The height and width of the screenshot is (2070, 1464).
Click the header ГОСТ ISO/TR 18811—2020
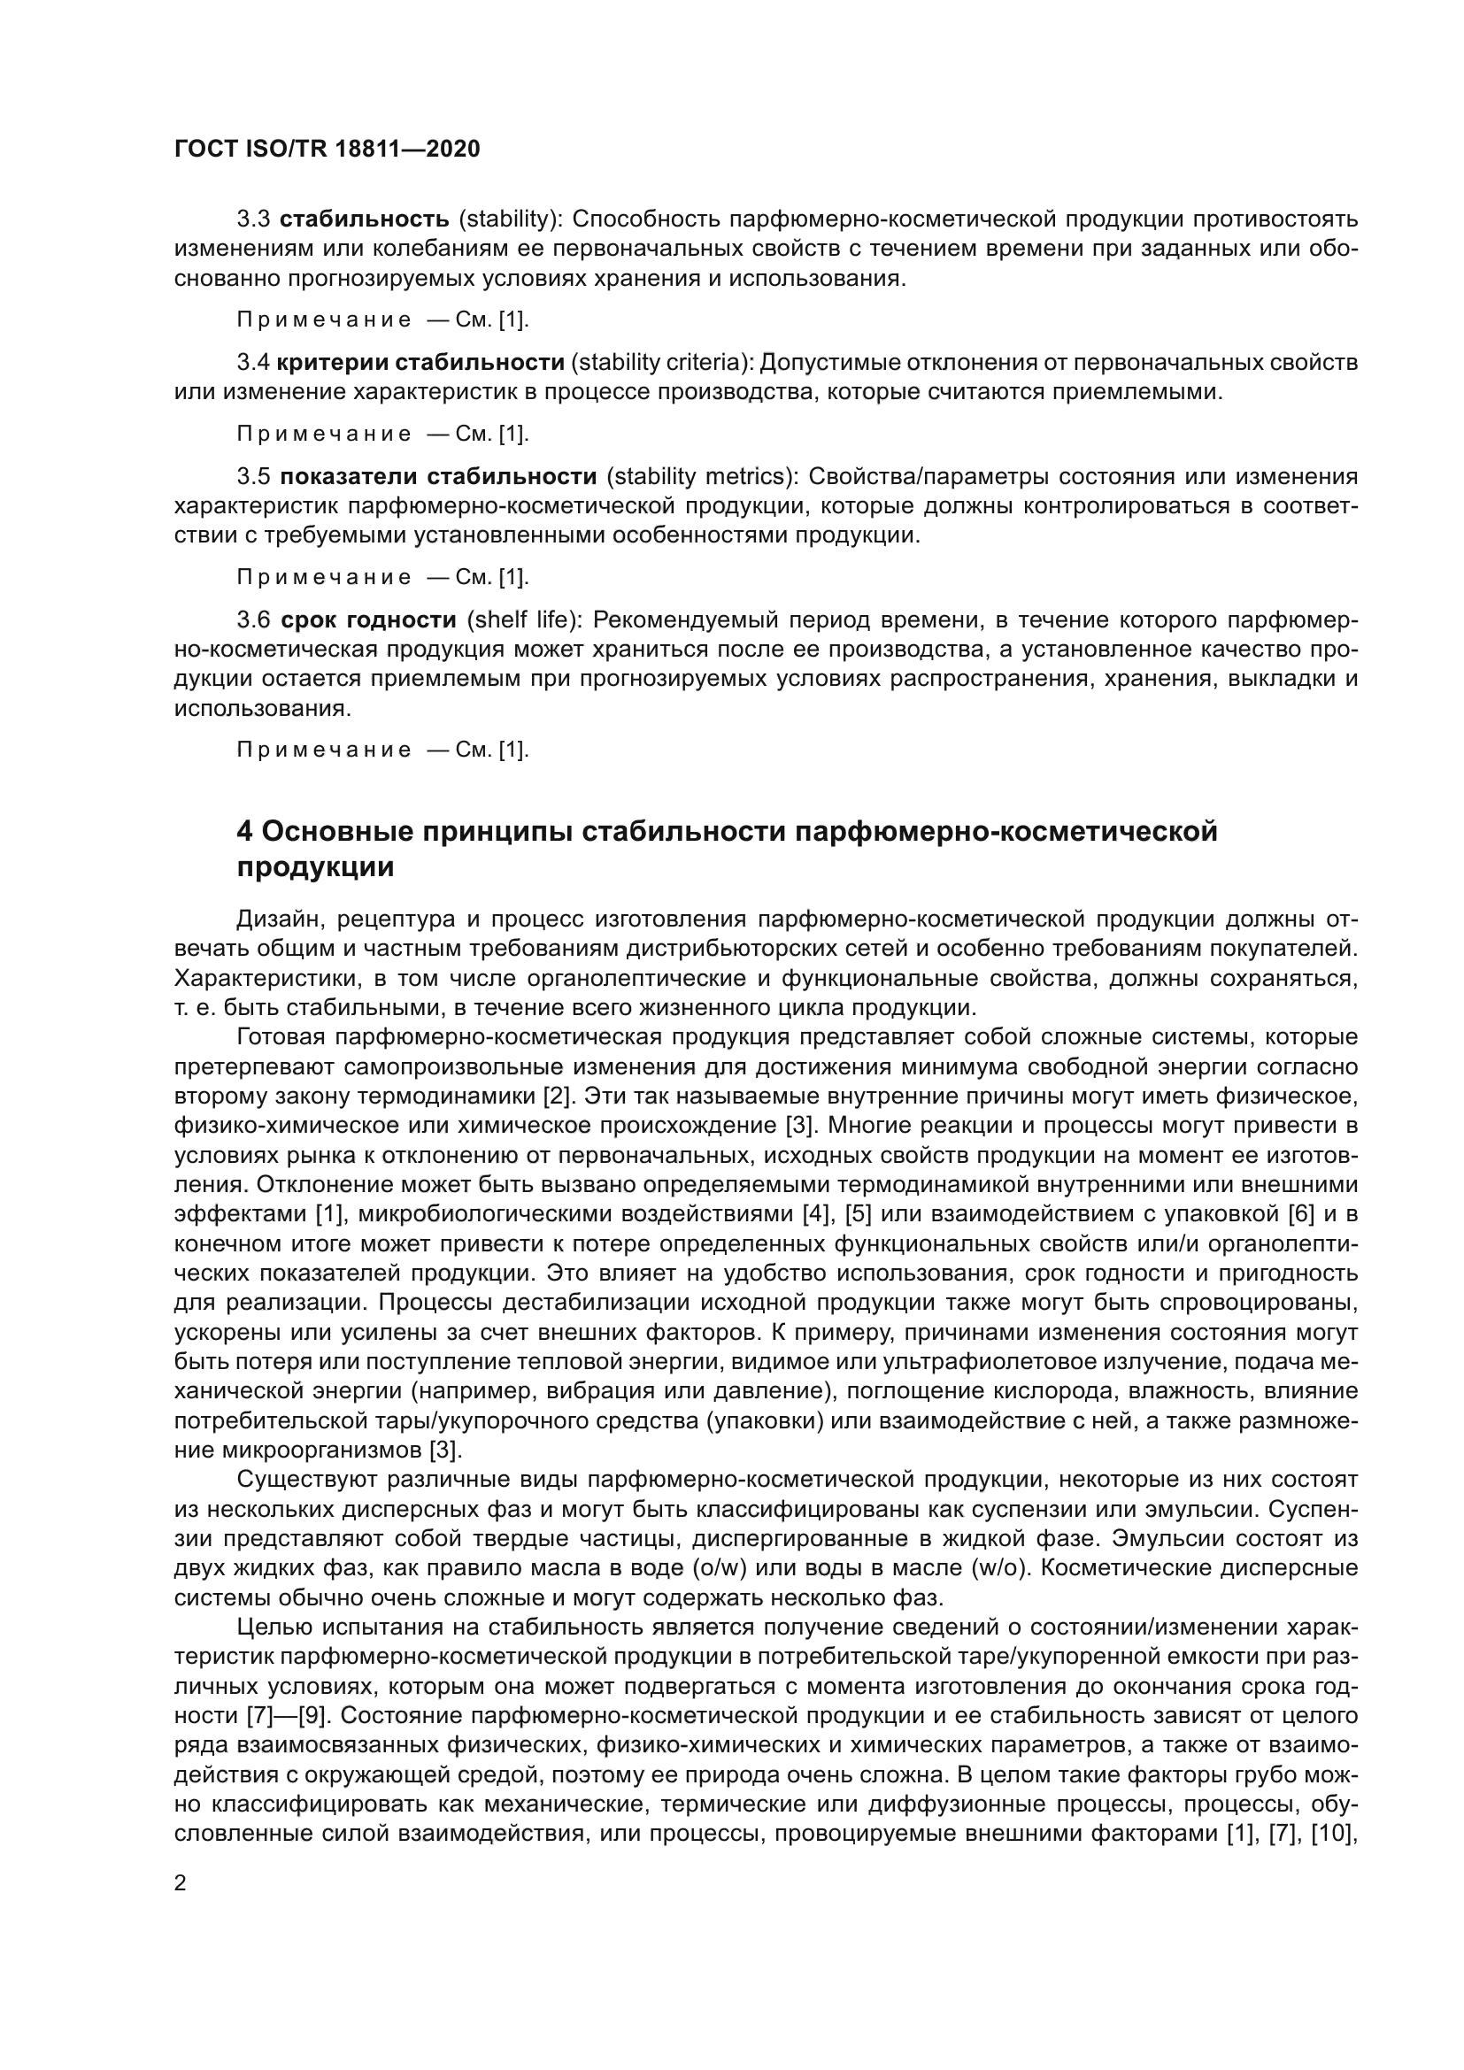pos(327,149)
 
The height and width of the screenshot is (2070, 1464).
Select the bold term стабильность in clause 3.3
pos(364,219)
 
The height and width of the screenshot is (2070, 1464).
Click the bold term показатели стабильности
pos(438,477)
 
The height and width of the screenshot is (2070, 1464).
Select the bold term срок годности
pos(369,620)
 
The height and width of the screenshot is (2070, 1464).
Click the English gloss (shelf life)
pos(526,620)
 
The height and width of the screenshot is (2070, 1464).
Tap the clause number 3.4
pos(253,363)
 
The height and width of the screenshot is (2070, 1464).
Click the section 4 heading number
pos(243,831)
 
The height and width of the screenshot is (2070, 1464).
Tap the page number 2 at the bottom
pos(181,1884)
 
